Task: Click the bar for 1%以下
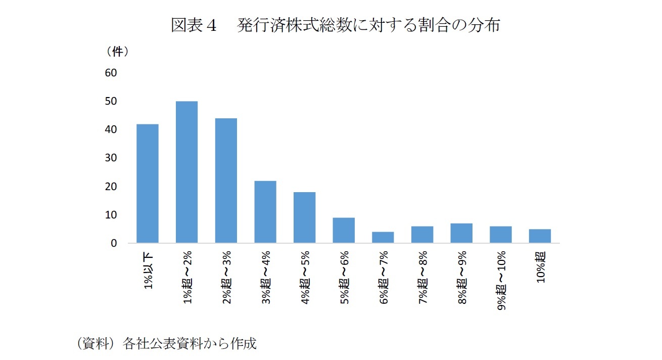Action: (148, 184)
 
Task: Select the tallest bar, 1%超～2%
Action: (186, 172)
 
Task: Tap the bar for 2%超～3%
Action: (226, 181)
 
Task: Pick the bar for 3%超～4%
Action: (265, 212)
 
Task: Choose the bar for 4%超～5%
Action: (304, 217)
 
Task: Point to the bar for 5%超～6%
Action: (344, 231)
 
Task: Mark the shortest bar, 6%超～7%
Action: (383, 238)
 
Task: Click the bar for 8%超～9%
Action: (461, 233)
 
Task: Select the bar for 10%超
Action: (540, 236)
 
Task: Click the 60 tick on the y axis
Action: (111, 73)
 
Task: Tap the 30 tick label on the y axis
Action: (111, 158)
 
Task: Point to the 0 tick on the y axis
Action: (114, 243)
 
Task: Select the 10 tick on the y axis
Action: (111, 215)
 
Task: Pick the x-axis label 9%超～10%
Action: (501, 280)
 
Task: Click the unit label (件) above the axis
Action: (117, 52)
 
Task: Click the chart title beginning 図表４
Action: (335, 25)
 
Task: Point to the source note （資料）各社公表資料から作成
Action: (166, 344)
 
